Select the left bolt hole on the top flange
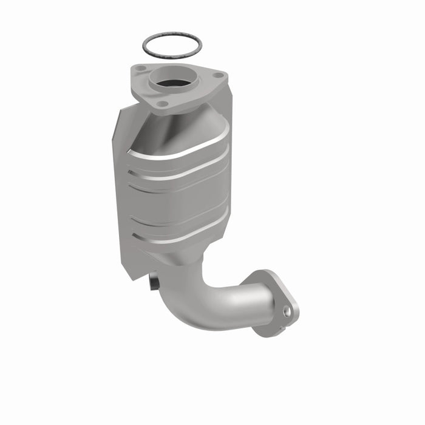(x=140, y=69)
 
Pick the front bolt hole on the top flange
(x=161, y=104)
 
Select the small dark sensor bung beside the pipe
(x=154, y=282)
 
